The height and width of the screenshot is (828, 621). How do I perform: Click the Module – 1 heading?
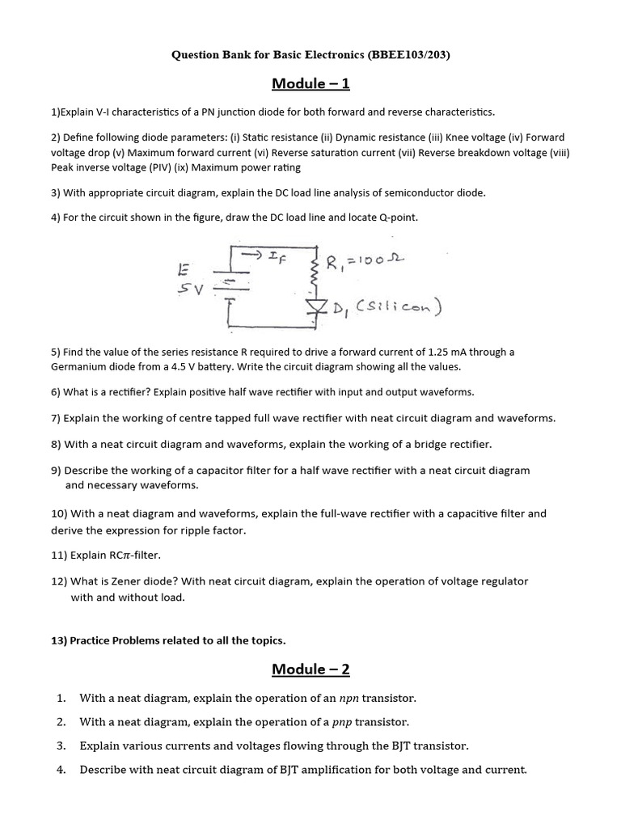(x=310, y=83)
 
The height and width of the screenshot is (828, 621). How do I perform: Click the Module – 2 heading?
(x=310, y=669)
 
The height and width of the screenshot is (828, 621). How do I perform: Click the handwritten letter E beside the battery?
(x=184, y=267)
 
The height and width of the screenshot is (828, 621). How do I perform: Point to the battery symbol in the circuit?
(x=230, y=283)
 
